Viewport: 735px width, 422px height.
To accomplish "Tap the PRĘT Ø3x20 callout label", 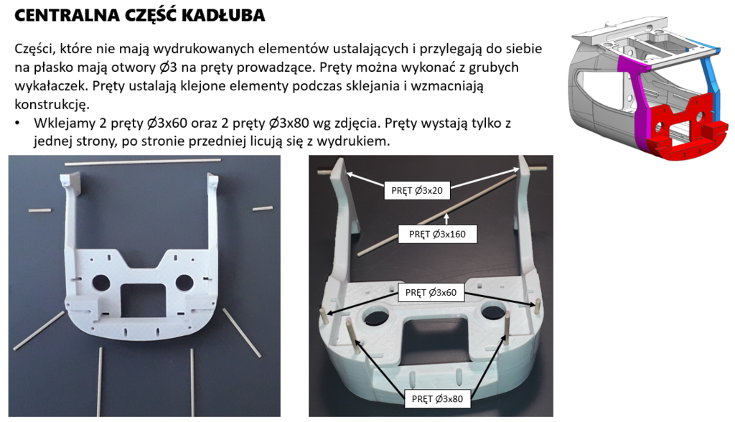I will point(416,190).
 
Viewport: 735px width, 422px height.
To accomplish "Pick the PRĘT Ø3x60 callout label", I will point(430,292).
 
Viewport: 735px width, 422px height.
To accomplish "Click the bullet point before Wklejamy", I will point(18,123).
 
